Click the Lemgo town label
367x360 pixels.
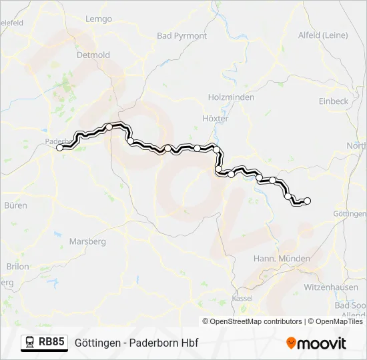point(99,19)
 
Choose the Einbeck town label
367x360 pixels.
point(334,101)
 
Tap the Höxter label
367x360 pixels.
point(215,118)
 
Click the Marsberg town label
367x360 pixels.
point(88,241)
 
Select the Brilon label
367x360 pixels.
point(17,266)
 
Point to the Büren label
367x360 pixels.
point(15,205)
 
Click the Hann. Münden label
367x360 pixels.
point(282,258)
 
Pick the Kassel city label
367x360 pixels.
point(242,297)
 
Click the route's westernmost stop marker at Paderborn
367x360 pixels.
point(60,148)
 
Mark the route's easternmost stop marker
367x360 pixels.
point(308,200)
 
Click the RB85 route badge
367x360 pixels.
point(51,342)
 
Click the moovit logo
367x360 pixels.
point(316,343)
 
